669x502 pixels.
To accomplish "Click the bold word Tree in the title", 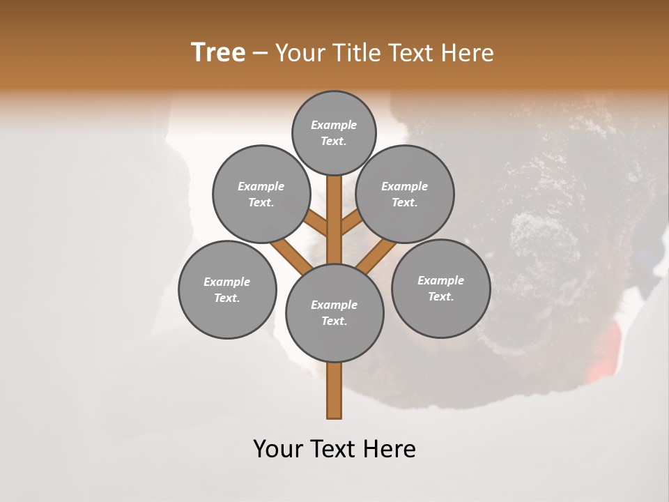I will click(218, 53).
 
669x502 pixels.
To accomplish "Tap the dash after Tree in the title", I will click(259, 54).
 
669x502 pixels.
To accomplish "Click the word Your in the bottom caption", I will click(277, 449).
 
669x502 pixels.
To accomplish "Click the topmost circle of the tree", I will click(334, 132).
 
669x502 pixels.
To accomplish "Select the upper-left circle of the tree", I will click(261, 194).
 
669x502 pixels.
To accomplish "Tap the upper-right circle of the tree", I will click(405, 194).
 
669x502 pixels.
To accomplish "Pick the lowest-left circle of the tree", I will click(227, 289).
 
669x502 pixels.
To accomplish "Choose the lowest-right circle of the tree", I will click(440, 288).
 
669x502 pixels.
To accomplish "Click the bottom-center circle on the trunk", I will click(334, 313).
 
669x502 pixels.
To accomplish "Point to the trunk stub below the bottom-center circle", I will click(334, 390).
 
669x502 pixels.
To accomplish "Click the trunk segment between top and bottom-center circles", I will click(334, 220).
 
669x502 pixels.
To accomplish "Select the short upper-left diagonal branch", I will click(316, 224).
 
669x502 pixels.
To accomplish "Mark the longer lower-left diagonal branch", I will click(290, 255).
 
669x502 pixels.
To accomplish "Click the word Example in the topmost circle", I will click(334, 125).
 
